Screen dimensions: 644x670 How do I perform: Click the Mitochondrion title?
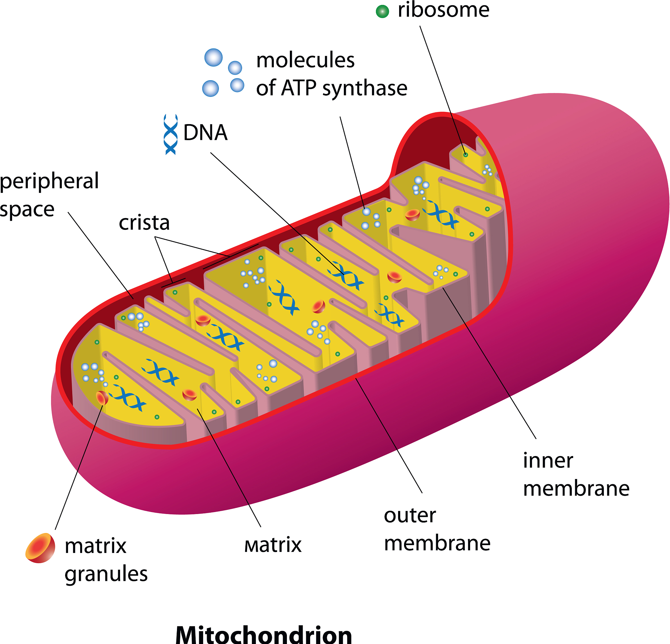click(264, 634)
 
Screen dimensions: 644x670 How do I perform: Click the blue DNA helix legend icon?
click(170, 134)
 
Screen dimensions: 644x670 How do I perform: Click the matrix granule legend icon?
click(40, 548)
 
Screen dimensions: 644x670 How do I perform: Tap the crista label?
click(144, 223)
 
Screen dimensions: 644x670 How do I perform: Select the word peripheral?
click(49, 181)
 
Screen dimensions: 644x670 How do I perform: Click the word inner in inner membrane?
click(548, 461)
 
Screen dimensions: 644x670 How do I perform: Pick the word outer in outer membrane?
click(410, 515)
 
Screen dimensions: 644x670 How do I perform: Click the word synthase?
click(365, 89)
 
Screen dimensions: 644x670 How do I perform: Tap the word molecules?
click(305, 60)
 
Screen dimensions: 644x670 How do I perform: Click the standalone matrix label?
click(273, 545)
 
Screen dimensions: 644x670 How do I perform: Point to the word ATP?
click(299, 88)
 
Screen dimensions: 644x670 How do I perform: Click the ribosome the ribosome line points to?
click(465, 155)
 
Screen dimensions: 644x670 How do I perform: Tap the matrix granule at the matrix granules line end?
click(102, 398)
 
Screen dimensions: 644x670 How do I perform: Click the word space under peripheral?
click(27, 210)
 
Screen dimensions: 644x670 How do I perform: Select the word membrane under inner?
click(576, 488)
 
